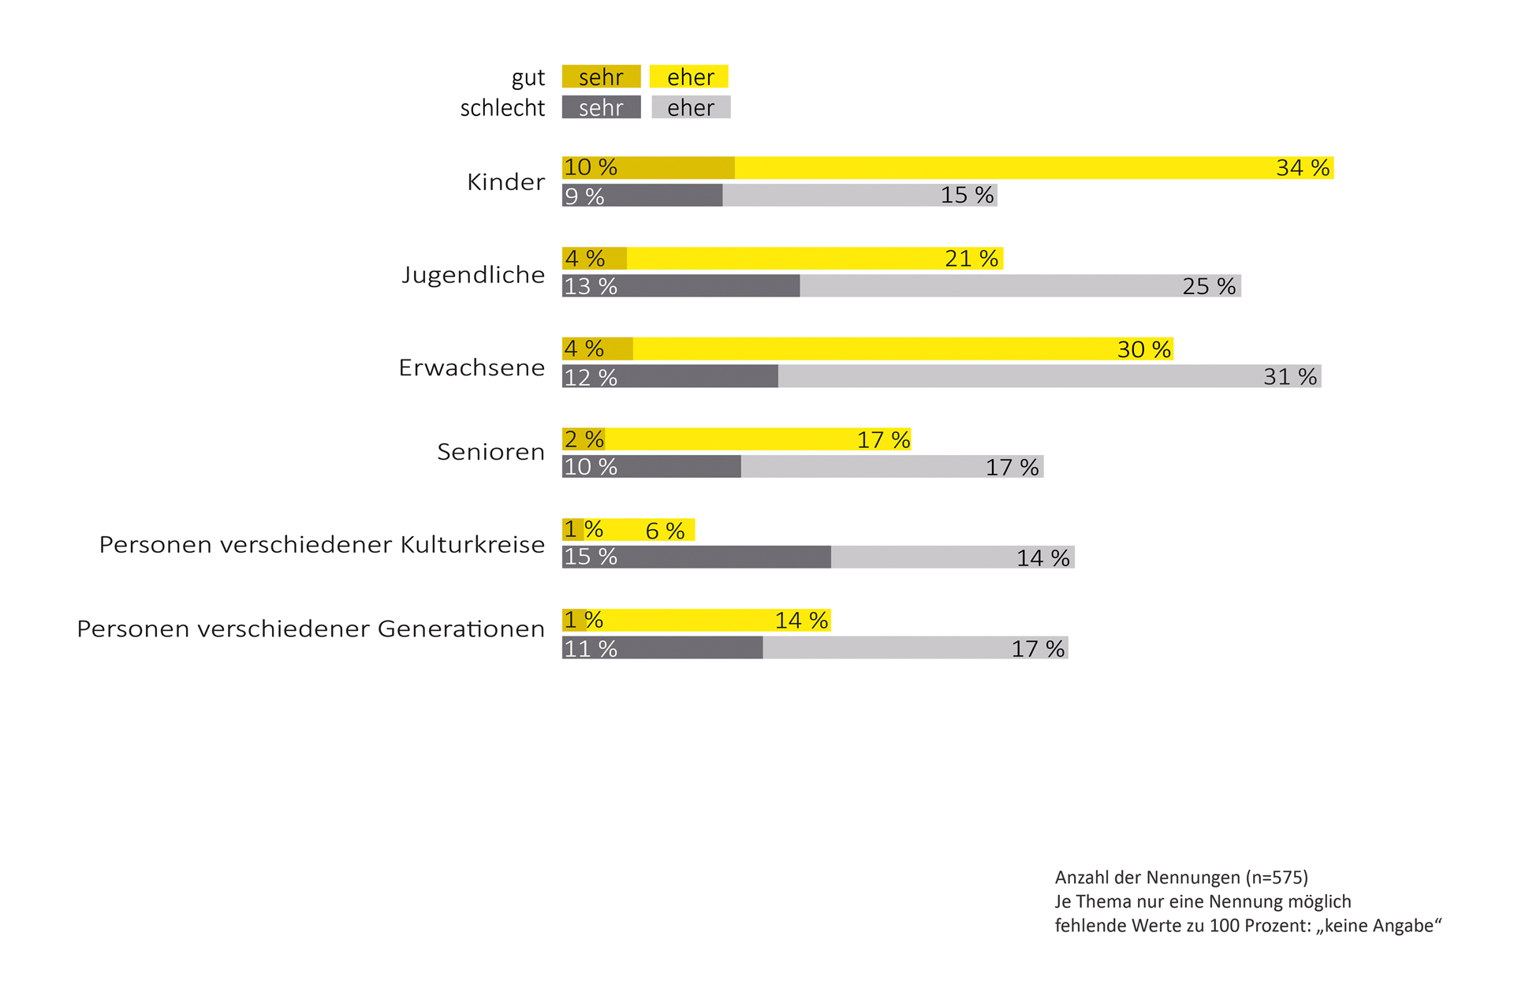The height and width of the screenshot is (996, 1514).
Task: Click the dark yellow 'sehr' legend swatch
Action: [x=601, y=76]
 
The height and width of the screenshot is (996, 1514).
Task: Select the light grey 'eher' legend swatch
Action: [x=691, y=107]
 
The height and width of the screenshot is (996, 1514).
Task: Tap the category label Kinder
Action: [x=505, y=182]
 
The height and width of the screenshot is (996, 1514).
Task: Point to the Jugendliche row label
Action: [x=473, y=274]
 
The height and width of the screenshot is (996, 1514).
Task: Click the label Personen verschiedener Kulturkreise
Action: [x=322, y=544]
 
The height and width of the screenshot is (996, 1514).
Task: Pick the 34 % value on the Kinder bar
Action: [x=1303, y=168]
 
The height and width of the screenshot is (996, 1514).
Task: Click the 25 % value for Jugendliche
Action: [x=1209, y=286]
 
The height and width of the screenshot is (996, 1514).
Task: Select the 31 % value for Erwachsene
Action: [x=1290, y=377]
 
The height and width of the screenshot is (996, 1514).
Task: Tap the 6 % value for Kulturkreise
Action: [x=665, y=531]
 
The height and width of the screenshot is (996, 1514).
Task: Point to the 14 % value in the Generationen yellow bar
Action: [x=801, y=621]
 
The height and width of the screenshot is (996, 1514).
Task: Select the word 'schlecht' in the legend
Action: [x=502, y=108]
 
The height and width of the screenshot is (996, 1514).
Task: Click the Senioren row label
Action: [x=490, y=452]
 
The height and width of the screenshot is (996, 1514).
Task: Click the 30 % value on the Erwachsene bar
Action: [x=1143, y=349]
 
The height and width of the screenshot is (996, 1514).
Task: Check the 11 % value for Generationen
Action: [x=591, y=649]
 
